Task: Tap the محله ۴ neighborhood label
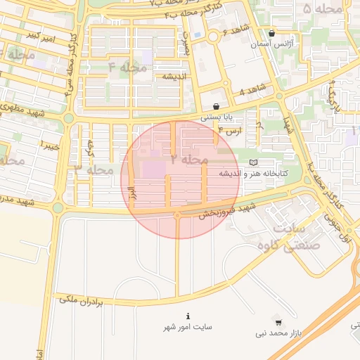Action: pyautogui.click(x=127, y=67)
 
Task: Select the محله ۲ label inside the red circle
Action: pyautogui.click(x=187, y=160)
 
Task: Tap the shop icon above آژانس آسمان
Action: pyautogui.click(x=271, y=33)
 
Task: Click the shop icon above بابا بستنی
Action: pyautogui.click(x=225, y=105)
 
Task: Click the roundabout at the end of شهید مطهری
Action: pyautogui.click(x=68, y=118)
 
